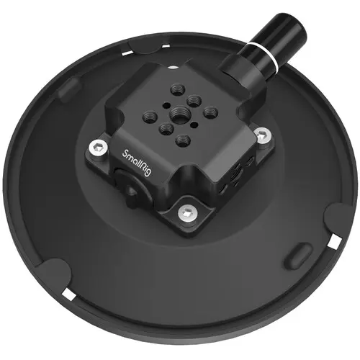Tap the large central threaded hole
point(177,112)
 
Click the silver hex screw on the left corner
point(95,149)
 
